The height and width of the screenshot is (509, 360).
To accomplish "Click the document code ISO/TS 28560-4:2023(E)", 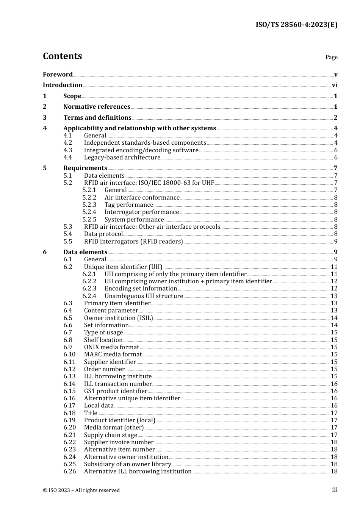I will click(x=296, y=25).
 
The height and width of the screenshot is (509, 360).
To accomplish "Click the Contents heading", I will click(x=62, y=56).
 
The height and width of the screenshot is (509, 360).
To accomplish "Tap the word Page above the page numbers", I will click(x=331, y=57).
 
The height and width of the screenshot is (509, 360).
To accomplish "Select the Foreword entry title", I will click(x=58, y=75).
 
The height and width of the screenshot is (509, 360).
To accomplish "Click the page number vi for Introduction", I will click(x=335, y=85).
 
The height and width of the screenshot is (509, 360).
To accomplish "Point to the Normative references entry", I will click(x=97, y=107).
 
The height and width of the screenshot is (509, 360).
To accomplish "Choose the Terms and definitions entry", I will click(x=97, y=118).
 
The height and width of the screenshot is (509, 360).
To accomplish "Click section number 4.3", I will click(x=68, y=150).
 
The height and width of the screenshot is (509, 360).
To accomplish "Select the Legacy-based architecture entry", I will click(x=122, y=158).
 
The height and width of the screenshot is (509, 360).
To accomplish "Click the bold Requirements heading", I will click(x=85, y=168).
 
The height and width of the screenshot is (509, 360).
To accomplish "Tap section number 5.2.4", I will click(x=89, y=212).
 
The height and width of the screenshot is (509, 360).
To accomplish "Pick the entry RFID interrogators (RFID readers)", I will click(x=133, y=242).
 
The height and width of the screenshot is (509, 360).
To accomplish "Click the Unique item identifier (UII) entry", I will click(x=123, y=267).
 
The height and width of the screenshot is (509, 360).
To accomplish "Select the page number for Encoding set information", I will click(x=334, y=289).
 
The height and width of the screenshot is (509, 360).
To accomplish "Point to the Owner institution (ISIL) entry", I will click(x=119, y=318).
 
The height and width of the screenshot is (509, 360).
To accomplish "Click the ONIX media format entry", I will click(x=112, y=347).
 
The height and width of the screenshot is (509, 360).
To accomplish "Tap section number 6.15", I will click(x=70, y=391).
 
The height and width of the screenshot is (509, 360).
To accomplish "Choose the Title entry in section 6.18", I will click(x=91, y=413).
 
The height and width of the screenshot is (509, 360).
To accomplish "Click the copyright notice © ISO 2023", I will click(x=81, y=490).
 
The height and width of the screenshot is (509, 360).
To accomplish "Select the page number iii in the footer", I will click(x=335, y=490).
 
